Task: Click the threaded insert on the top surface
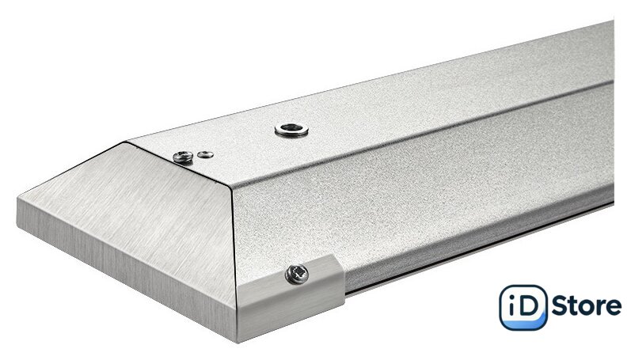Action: (x=292, y=130)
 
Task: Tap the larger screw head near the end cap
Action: (x=183, y=157)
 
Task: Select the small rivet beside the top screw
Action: (x=206, y=154)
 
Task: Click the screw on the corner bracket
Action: (x=297, y=275)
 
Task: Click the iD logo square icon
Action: (x=523, y=307)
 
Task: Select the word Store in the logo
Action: (x=587, y=305)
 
